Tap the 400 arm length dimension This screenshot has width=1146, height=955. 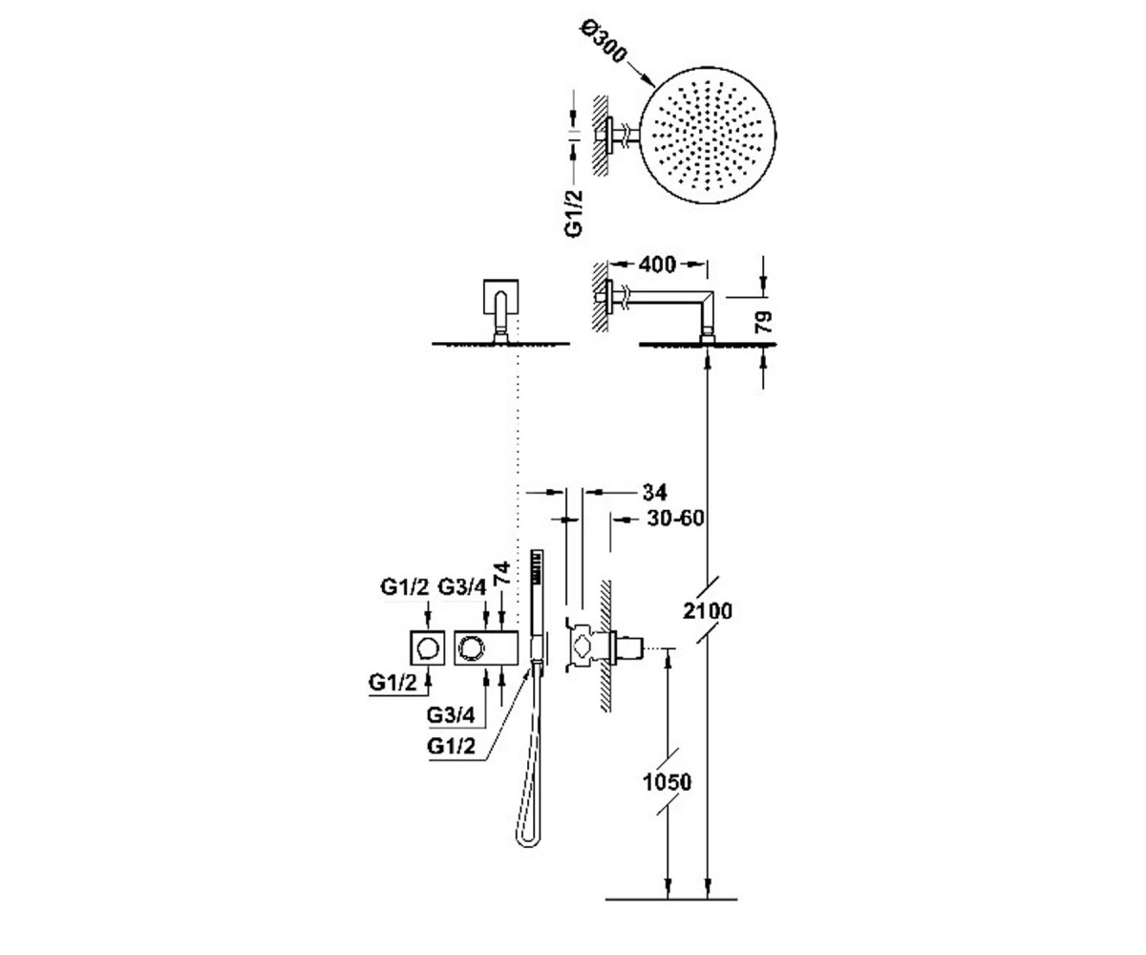coord(658,265)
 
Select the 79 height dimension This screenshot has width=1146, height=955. coord(764,322)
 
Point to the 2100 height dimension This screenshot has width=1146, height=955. coord(707,610)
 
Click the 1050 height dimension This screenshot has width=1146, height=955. coord(667,783)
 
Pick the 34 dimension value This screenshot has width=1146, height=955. coord(654,493)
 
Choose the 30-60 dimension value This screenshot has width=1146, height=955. coord(675,519)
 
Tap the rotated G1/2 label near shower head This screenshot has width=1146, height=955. coord(574,213)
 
